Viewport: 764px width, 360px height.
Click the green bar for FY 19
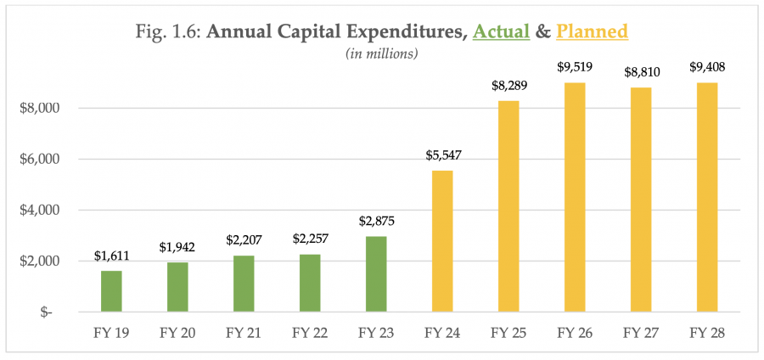click(111, 290)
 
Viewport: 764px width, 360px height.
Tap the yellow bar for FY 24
click(442, 241)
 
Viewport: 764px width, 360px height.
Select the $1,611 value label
click(111, 255)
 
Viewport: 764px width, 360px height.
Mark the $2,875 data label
click(376, 222)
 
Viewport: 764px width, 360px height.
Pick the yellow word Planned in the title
click(592, 32)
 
